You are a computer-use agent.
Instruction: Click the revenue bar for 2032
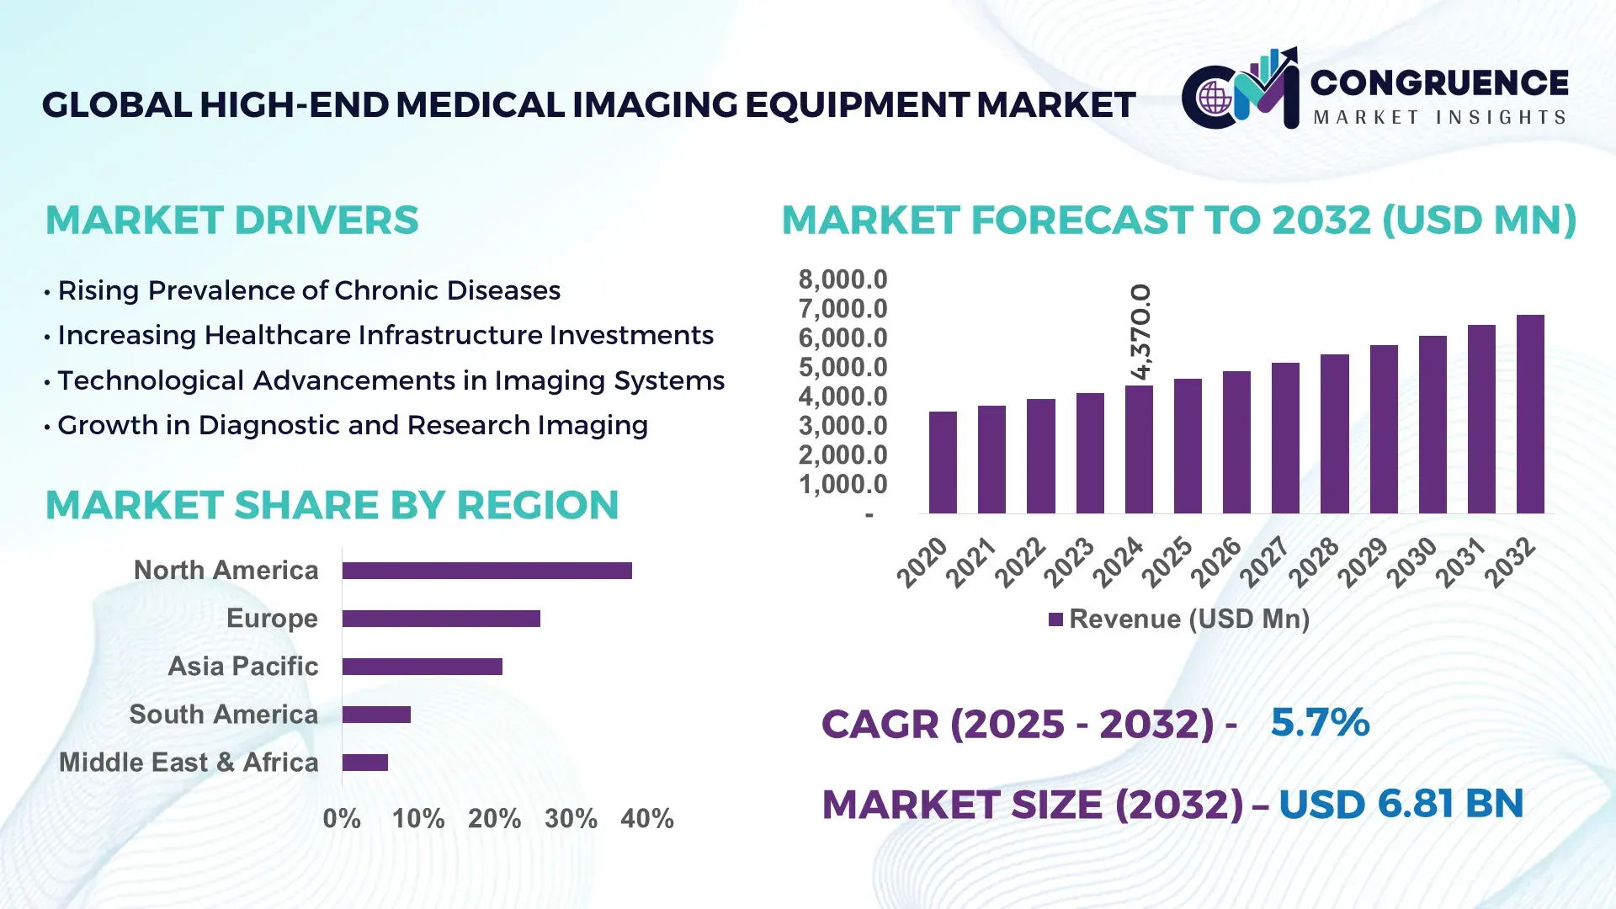(x=1530, y=414)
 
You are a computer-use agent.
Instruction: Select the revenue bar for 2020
(x=943, y=462)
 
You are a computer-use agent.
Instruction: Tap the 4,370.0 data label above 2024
(x=1140, y=332)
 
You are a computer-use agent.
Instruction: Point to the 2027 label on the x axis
(x=1265, y=561)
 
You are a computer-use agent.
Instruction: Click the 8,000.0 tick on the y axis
(x=843, y=279)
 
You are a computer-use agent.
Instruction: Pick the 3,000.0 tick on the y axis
(x=843, y=426)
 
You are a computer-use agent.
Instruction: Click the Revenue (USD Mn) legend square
(x=1055, y=619)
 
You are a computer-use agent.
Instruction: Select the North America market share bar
(x=486, y=571)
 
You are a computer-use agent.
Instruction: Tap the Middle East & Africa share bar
(x=364, y=763)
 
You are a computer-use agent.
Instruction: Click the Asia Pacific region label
(x=242, y=667)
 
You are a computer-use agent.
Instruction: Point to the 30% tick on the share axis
(x=571, y=818)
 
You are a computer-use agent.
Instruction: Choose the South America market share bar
(x=376, y=715)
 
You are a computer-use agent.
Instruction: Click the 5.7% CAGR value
(x=1319, y=722)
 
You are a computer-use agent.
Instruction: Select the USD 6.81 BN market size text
(x=1401, y=804)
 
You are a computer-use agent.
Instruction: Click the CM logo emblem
(x=1240, y=91)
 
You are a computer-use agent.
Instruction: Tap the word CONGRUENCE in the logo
(x=1438, y=82)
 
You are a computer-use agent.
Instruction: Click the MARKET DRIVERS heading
(x=231, y=221)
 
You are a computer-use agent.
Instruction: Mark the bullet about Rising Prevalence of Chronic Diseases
(x=308, y=290)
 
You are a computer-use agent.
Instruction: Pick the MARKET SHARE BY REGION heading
(x=332, y=505)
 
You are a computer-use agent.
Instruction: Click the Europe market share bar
(x=441, y=619)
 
